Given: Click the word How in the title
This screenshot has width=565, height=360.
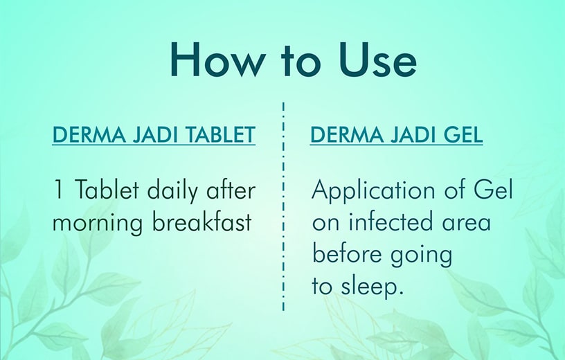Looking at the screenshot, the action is pos(218,60).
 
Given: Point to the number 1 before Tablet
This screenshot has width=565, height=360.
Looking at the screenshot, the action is pos(57,190).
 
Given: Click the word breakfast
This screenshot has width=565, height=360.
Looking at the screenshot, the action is pos(201,221).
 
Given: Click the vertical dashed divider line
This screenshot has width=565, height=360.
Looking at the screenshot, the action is pos(284,206).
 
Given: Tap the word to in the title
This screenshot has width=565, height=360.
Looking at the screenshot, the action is pos(302,61).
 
